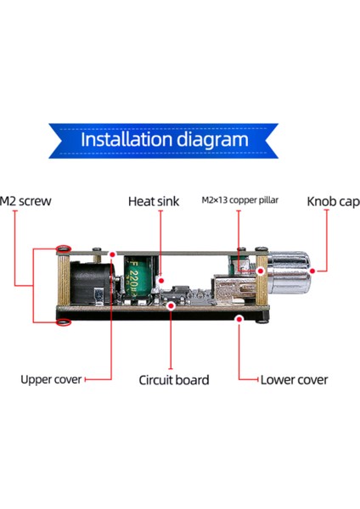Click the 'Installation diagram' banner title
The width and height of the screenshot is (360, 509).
tap(165, 140)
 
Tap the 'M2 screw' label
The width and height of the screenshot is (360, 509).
tap(25, 201)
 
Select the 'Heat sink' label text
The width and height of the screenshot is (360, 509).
tap(154, 201)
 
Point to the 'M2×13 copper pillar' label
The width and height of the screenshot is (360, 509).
tap(240, 200)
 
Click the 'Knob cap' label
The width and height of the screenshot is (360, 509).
tap(334, 202)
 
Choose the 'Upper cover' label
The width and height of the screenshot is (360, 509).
tap(51, 379)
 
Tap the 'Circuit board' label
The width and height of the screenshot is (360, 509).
tap(174, 380)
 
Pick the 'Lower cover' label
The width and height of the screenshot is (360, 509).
tap(294, 380)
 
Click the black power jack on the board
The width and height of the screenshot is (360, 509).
tap(92, 282)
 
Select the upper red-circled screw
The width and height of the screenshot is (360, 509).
tap(64, 249)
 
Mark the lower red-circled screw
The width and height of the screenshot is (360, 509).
tap(64, 322)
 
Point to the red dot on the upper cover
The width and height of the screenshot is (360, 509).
tap(112, 255)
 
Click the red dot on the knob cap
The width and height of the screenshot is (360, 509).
tap(312, 271)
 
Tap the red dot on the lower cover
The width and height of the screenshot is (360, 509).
tap(239, 319)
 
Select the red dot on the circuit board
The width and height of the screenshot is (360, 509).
tap(171, 305)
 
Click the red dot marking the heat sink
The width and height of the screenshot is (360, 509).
tap(160, 281)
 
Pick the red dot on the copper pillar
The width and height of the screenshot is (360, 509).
tap(261, 271)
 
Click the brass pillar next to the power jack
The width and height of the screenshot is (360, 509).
tap(64, 280)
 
